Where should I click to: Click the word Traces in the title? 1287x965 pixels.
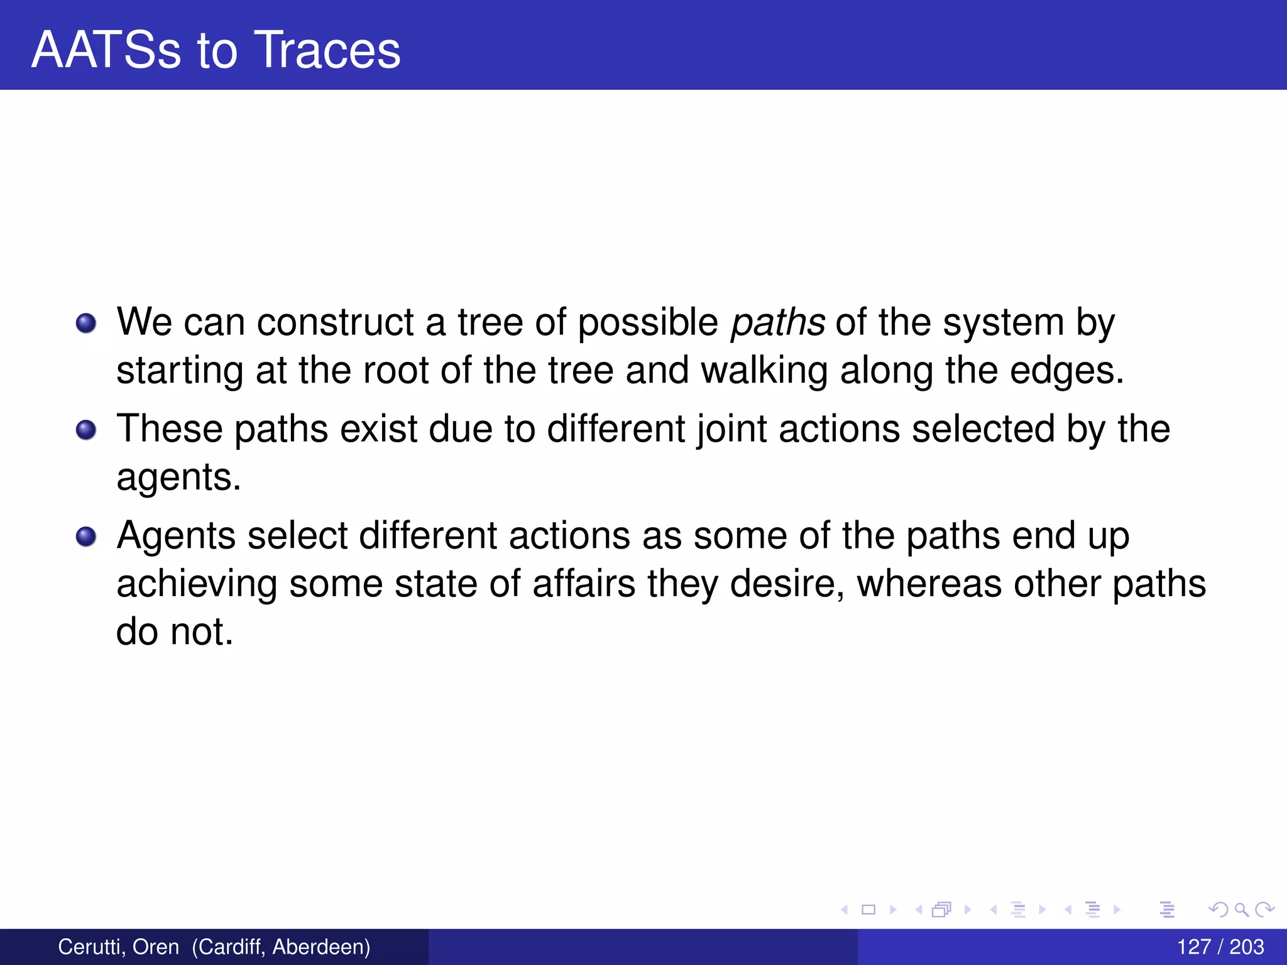328,50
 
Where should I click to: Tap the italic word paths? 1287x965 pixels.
778,323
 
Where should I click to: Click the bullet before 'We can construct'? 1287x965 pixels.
86,324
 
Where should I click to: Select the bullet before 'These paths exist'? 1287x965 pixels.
86,430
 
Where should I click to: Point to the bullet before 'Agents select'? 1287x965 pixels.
86,537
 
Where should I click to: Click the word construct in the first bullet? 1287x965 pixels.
335,323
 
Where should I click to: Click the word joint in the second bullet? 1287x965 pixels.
732,430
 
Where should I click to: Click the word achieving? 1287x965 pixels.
197,584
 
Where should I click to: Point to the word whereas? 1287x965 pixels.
929,584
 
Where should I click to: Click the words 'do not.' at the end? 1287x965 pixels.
175,632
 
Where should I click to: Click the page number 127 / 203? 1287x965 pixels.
1220,947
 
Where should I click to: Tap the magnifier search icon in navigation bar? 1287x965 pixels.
1241,909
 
